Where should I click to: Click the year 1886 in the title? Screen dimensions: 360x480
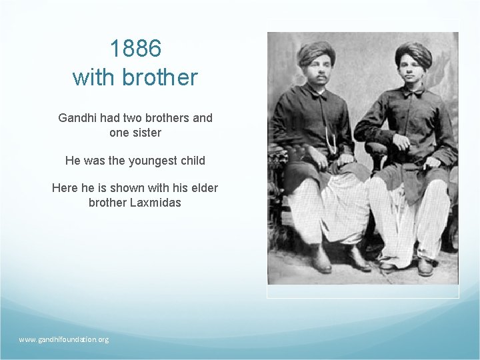135,48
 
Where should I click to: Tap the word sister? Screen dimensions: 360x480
145,133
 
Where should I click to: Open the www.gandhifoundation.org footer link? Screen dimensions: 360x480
63,339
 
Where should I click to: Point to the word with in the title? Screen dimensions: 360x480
93,77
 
